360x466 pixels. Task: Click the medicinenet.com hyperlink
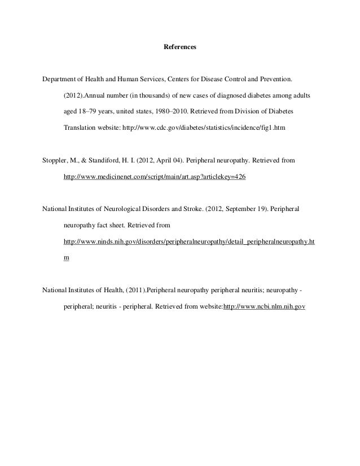click(x=155, y=177)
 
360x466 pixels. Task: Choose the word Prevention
click(x=273, y=76)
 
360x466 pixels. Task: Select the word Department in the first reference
click(x=59, y=76)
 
